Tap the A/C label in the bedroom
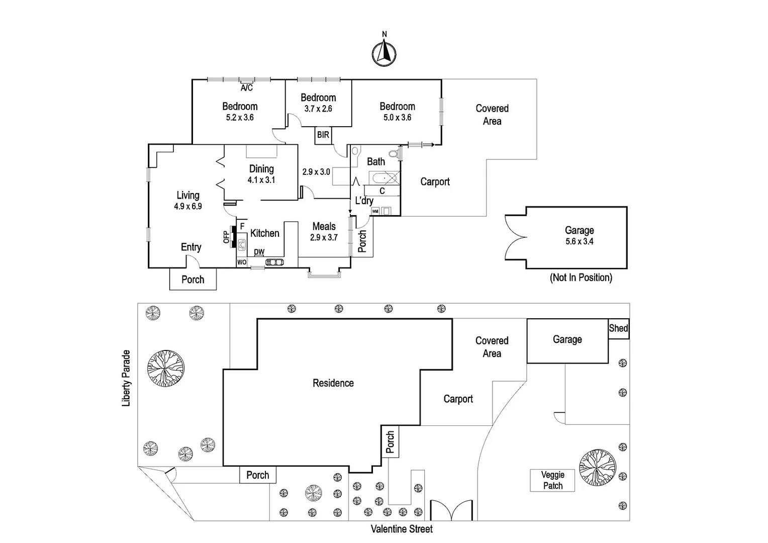pos(246,88)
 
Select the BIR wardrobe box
pos(323,135)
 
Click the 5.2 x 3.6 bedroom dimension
pos(240,118)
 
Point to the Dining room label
pos(261,169)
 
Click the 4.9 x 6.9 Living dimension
pos(187,206)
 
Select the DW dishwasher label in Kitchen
pos(259,252)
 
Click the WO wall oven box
pos(242,262)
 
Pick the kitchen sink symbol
pos(274,262)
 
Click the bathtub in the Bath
pos(385,178)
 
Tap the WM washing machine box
pos(375,211)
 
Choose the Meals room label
pos(324,226)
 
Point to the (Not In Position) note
pos(581,278)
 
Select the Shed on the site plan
pos(618,328)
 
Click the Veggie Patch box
pos(552,480)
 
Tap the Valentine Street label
pos(402,529)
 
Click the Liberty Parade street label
pos(126,378)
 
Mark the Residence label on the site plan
pos(333,383)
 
